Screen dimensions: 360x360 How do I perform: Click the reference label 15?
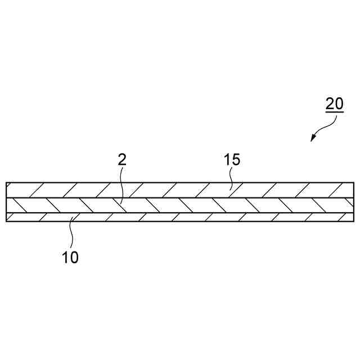231,159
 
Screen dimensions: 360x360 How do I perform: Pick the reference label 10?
70,258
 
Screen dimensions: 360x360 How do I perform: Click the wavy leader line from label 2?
121,183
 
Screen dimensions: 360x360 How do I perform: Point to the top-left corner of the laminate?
6,182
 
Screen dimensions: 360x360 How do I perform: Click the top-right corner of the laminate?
354,182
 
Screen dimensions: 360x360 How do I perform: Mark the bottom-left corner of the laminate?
6,222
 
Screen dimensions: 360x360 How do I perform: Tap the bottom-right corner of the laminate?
354,222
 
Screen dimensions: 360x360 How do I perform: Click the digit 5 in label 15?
236,159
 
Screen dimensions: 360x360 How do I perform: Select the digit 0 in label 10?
75,258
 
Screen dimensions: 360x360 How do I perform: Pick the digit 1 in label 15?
226,159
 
